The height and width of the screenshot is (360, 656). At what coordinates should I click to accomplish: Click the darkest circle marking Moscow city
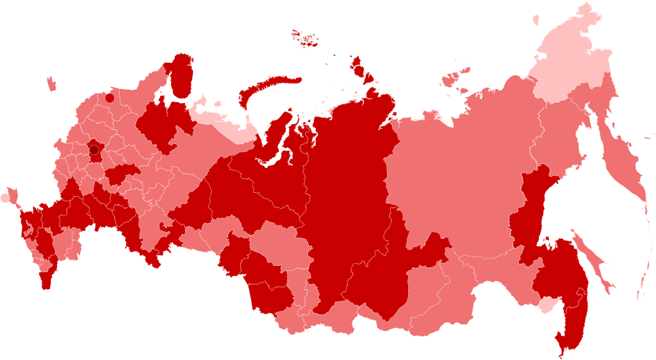[x=94, y=150]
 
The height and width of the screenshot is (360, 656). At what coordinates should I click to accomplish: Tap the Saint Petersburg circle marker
[x=110, y=98]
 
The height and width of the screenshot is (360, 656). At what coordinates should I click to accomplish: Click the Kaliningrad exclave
[x=51, y=84]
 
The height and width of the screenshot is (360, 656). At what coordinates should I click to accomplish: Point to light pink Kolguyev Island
[x=218, y=104]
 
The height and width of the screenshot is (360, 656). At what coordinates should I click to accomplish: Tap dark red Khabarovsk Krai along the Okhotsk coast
[x=532, y=211]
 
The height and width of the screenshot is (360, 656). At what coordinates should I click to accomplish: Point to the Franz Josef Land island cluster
[x=305, y=38]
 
